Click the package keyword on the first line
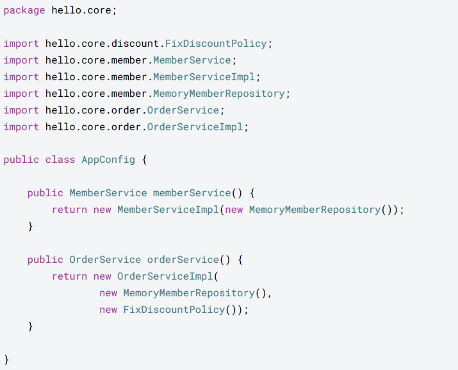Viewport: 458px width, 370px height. pos(24,10)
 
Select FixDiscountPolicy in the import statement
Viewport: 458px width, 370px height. pos(216,44)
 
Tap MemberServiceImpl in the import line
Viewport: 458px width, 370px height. pos(204,77)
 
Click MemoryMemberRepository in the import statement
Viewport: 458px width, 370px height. pos(218,94)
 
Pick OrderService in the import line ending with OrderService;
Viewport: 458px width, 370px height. pos(183,110)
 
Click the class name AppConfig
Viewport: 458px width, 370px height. pos(108,160)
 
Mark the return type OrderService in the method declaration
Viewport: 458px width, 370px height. pos(105,260)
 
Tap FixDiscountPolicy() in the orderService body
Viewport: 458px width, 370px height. pos(177,310)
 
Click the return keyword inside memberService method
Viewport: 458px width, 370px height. pos(69,210)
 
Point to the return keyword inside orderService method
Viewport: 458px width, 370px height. pos(69,276)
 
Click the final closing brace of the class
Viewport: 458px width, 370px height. pos(6,359)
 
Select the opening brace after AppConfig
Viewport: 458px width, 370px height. pos(144,160)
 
